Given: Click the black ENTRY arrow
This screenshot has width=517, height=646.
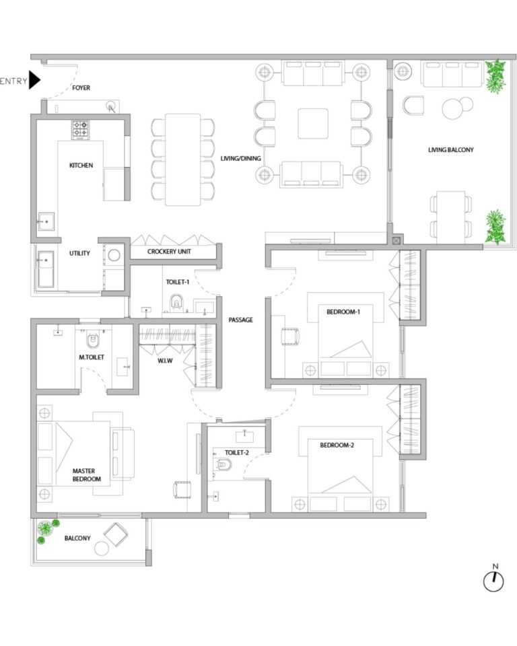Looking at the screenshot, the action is tap(34, 80).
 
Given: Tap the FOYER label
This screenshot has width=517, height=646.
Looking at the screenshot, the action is tap(81, 87).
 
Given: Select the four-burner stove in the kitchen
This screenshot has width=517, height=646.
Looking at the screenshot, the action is tap(80, 130).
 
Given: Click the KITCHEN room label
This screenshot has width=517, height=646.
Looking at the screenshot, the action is tap(81, 166).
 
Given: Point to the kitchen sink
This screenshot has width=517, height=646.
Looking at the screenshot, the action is tap(46, 221).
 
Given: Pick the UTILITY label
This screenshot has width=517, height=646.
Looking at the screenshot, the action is tap(79, 253).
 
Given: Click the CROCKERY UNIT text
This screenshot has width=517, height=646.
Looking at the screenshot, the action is tap(169, 251).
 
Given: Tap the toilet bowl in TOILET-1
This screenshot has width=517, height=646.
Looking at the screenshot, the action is tap(176, 302).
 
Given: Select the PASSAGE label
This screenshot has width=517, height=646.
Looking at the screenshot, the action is tap(241, 320).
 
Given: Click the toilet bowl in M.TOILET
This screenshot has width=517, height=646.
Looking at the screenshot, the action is tap(93, 341).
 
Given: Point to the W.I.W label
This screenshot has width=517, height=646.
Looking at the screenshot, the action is tap(165, 361).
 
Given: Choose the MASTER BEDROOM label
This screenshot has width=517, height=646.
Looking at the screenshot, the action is tap(87, 474).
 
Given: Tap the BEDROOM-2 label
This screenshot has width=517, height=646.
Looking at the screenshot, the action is tap(337, 445).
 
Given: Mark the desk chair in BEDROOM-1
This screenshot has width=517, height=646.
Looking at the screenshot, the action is tap(290, 336).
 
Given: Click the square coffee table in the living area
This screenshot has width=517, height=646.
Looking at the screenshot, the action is tap(313, 124).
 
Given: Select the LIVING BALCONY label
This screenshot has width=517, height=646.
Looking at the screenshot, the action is tap(450, 150).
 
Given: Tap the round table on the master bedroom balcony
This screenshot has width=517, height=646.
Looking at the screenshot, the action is tap(102, 548).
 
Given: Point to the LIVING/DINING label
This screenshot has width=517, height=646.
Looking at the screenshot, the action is tap(240, 158).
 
